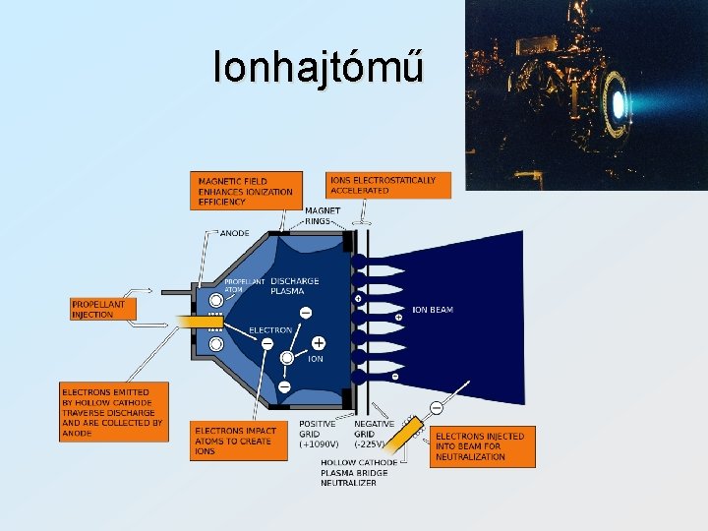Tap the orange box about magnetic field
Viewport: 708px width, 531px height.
coord(245,191)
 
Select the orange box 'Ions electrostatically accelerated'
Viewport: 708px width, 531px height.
coord(382,185)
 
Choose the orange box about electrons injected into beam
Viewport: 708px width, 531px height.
coord(483,446)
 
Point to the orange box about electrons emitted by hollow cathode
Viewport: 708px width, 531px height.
coord(113,412)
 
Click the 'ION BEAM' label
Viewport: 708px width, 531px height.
coord(433,310)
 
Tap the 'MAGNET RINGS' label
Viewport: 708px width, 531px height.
coord(323,215)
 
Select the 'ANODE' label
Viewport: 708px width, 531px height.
coord(234,233)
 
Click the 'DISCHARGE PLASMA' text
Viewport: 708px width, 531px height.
coord(294,286)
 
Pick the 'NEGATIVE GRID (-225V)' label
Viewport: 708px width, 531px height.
coord(375,434)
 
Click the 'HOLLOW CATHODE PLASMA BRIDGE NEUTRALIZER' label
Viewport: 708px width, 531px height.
coord(359,473)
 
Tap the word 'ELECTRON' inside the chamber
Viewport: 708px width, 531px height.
coord(270,330)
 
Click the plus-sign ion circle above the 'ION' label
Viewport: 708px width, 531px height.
coord(319,343)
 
